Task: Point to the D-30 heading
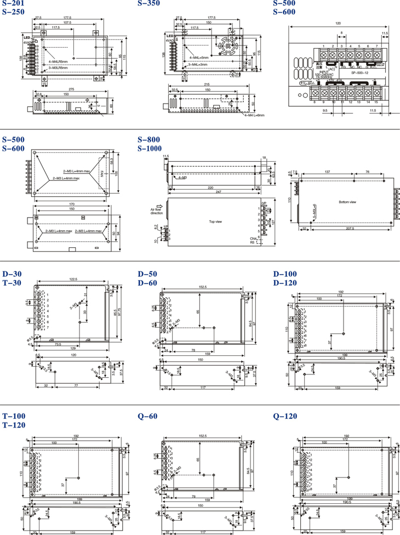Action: [x=13, y=274]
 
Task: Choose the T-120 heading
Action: [x=14, y=425]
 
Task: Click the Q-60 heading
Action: [x=147, y=416]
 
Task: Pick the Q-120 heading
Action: [x=285, y=416]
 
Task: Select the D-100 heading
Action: [x=284, y=274]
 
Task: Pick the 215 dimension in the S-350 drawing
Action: [x=207, y=84]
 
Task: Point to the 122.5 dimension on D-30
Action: [x=73, y=280]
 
